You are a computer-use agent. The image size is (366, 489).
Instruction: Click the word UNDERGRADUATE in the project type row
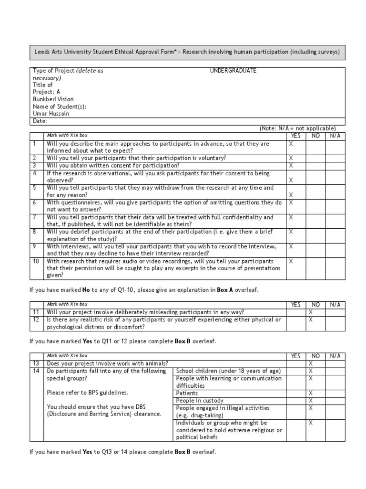click(233, 71)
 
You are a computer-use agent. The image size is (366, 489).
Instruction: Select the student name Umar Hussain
click(51, 114)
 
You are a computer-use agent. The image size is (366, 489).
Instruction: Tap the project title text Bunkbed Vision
click(53, 99)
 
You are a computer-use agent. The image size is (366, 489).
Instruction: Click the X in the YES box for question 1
click(292, 143)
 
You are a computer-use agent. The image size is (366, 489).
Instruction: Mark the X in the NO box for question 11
click(311, 312)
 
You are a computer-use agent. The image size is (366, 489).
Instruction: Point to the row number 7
click(35, 217)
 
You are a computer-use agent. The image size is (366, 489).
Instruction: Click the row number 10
click(36, 261)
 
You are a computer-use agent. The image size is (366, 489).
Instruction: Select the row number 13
click(36, 363)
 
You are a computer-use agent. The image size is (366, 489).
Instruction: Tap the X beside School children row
click(311, 371)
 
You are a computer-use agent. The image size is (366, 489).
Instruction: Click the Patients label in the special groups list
click(187, 393)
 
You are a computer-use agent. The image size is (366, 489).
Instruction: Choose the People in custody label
click(200, 401)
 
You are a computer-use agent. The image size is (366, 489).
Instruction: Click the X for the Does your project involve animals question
click(311, 363)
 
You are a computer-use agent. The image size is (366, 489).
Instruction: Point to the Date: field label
click(40, 121)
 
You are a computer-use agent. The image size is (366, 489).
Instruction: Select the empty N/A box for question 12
click(335, 323)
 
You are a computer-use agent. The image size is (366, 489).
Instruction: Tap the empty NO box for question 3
click(315, 165)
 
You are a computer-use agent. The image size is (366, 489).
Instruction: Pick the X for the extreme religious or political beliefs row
click(311, 423)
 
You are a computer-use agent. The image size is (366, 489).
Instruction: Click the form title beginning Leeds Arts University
click(187, 52)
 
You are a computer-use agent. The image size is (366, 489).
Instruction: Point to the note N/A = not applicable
click(297, 128)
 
